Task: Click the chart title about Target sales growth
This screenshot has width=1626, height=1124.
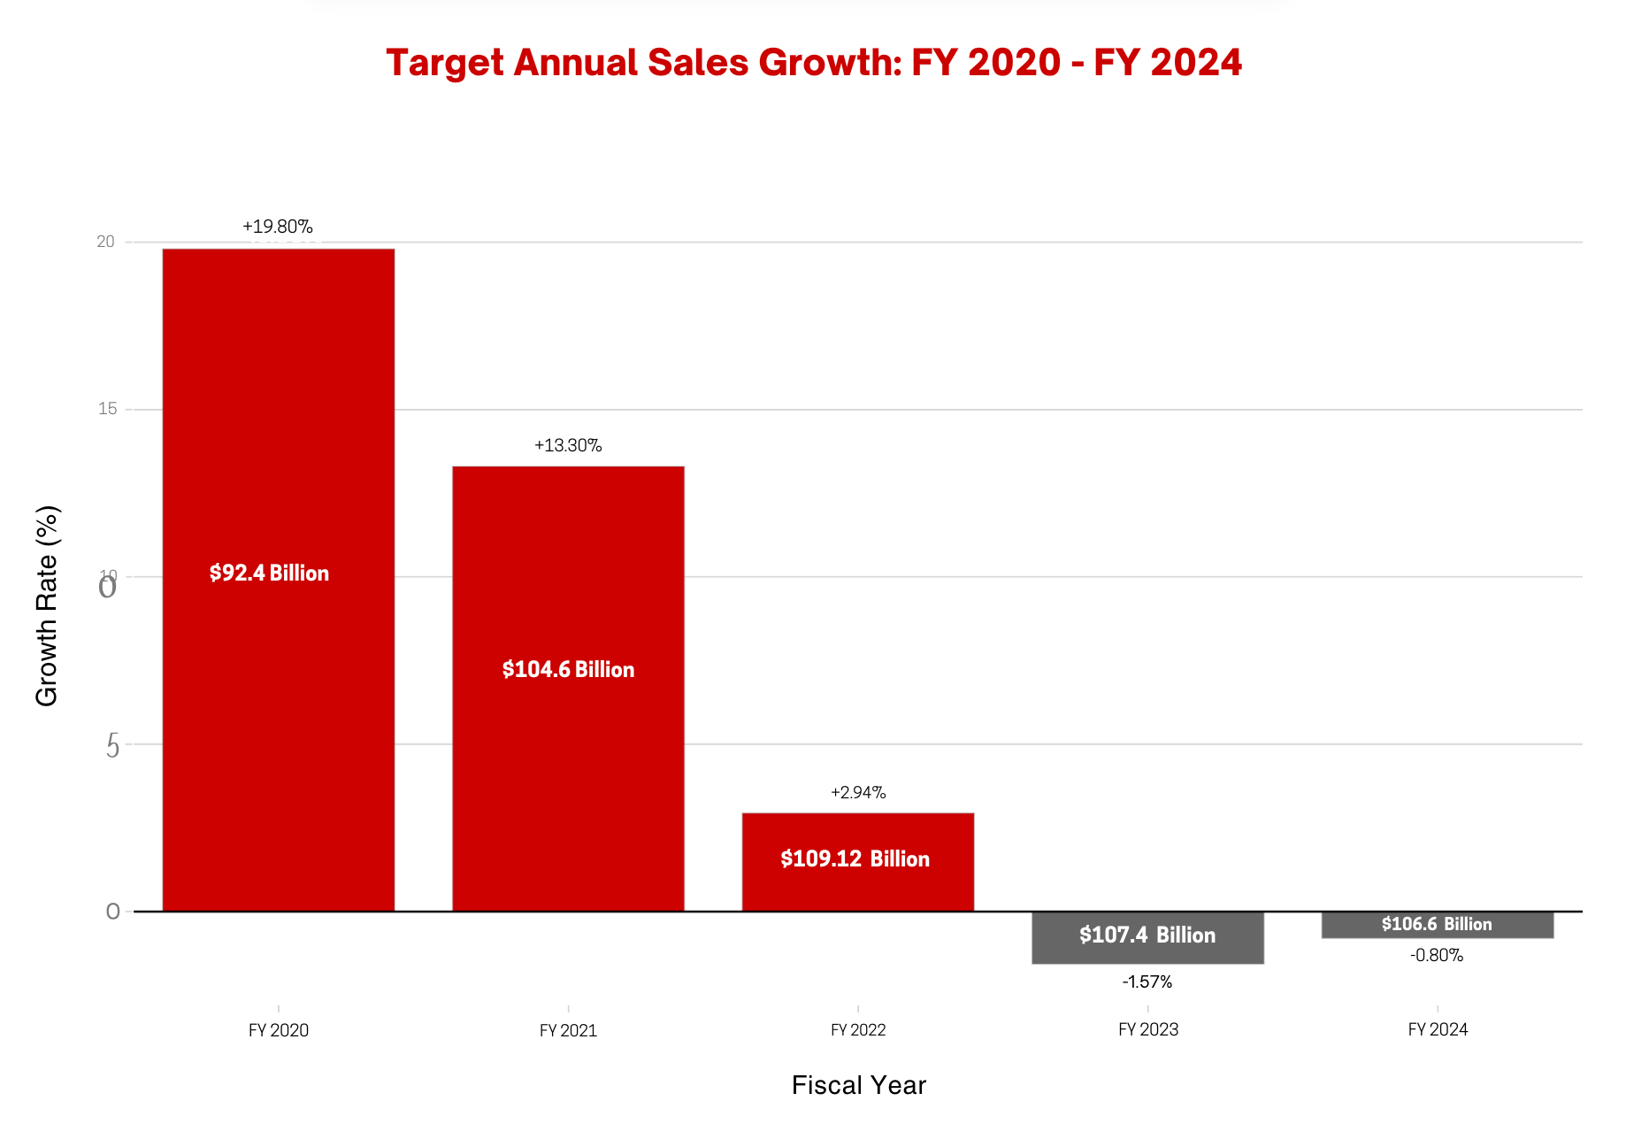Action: click(x=814, y=63)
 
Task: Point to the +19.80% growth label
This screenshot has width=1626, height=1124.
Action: click(x=277, y=227)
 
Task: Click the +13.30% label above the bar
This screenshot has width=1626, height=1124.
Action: click(x=568, y=445)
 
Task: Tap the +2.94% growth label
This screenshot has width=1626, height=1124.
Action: click(x=857, y=792)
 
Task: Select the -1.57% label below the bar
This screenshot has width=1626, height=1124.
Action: click(x=1147, y=982)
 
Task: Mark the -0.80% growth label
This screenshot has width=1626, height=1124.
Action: click(x=1437, y=955)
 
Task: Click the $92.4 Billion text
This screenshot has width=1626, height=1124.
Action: click(x=269, y=574)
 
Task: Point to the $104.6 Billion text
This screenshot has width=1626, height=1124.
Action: click(x=568, y=669)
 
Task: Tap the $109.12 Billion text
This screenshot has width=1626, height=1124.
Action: click(x=855, y=858)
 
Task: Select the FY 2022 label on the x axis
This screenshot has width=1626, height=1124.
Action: click(x=857, y=1029)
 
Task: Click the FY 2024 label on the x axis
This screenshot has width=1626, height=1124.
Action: click(x=1438, y=1029)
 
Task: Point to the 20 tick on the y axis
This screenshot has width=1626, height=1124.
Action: click(x=106, y=242)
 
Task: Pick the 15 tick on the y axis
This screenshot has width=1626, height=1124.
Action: click(x=107, y=409)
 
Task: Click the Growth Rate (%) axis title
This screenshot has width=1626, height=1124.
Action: click(x=46, y=605)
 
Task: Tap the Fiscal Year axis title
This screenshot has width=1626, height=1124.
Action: click(x=858, y=1085)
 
